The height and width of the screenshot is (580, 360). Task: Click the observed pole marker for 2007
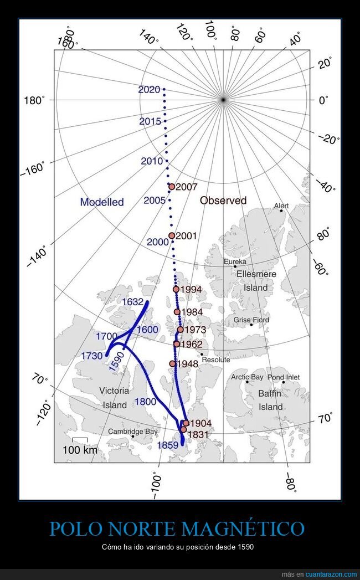point(172,187)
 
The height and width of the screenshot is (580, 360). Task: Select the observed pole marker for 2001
point(172,235)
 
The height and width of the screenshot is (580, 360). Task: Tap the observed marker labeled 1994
point(176,289)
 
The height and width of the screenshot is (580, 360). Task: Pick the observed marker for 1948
point(172,364)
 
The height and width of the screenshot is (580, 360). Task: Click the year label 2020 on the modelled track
point(150,90)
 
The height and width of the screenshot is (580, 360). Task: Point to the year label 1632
point(133,302)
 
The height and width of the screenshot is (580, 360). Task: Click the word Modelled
point(102,202)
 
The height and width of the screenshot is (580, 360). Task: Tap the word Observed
point(223,201)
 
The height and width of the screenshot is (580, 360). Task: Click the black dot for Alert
point(281,211)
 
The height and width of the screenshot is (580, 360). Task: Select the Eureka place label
point(235,261)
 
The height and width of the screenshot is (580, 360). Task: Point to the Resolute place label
point(215,360)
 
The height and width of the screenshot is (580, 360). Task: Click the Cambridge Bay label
point(133,432)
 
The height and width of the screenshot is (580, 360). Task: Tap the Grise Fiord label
point(251,320)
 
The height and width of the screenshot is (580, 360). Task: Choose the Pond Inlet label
point(284,377)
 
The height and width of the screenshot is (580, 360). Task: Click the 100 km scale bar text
point(80,450)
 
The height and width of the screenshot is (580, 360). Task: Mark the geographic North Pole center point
point(223,100)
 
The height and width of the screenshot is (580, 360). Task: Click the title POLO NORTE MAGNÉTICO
point(177,528)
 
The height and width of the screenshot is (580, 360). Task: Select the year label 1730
point(91,356)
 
